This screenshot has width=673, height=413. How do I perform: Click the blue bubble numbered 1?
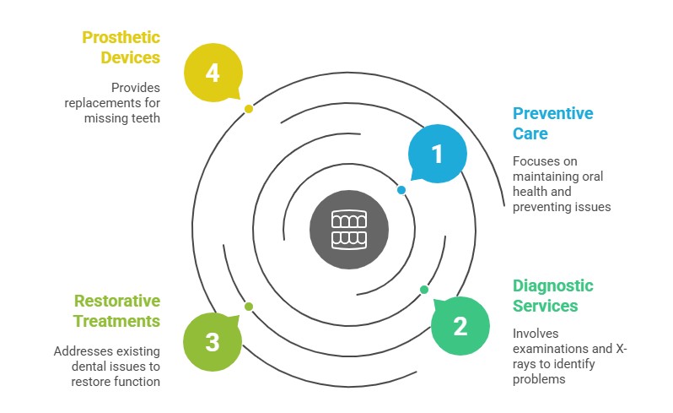click(437, 154)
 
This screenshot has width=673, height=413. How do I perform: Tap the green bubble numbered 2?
click(460, 326)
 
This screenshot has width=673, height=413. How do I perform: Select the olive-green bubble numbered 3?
click(212, 341)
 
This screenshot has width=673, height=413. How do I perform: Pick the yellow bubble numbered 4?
click(212, 73)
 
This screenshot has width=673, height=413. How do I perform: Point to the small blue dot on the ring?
click(401, 190)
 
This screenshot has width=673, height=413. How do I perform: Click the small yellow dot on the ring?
click(248, 109)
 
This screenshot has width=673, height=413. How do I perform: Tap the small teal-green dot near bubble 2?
click(424, 289)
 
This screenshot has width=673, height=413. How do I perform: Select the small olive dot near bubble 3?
click(248, 306)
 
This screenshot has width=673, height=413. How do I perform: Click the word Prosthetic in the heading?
click(121, 38)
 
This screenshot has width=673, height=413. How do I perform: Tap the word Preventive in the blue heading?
click(553, 113)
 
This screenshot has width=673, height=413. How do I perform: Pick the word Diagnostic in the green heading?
click(553, 285)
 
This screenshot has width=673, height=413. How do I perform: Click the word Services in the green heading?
click(545, 306)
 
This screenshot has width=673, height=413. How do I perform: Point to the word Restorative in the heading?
click(116, 301)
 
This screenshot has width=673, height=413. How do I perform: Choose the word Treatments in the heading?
click(116, 321)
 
